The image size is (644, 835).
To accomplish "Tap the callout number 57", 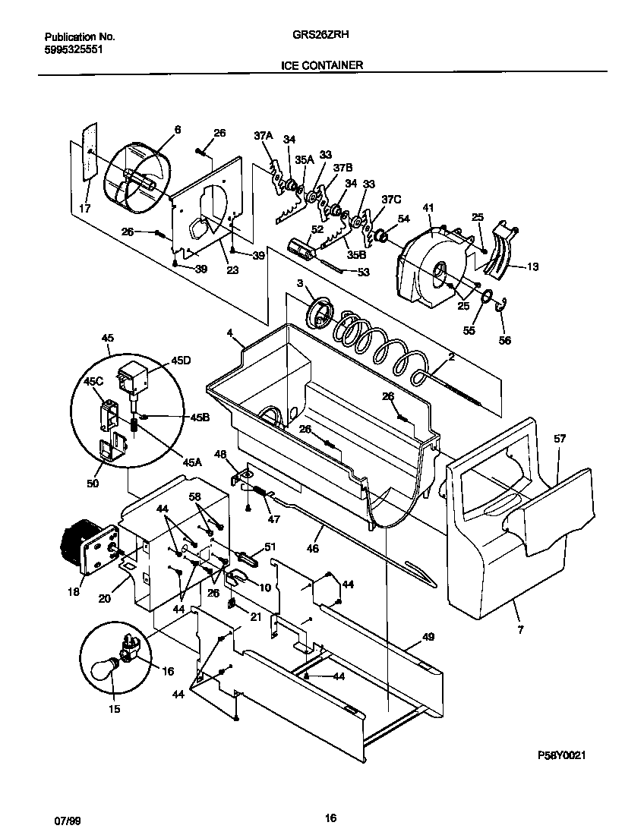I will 560,440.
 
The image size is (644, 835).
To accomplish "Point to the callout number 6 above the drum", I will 178,130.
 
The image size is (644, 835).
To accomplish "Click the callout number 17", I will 84,208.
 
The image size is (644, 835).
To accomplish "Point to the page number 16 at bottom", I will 330,818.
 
